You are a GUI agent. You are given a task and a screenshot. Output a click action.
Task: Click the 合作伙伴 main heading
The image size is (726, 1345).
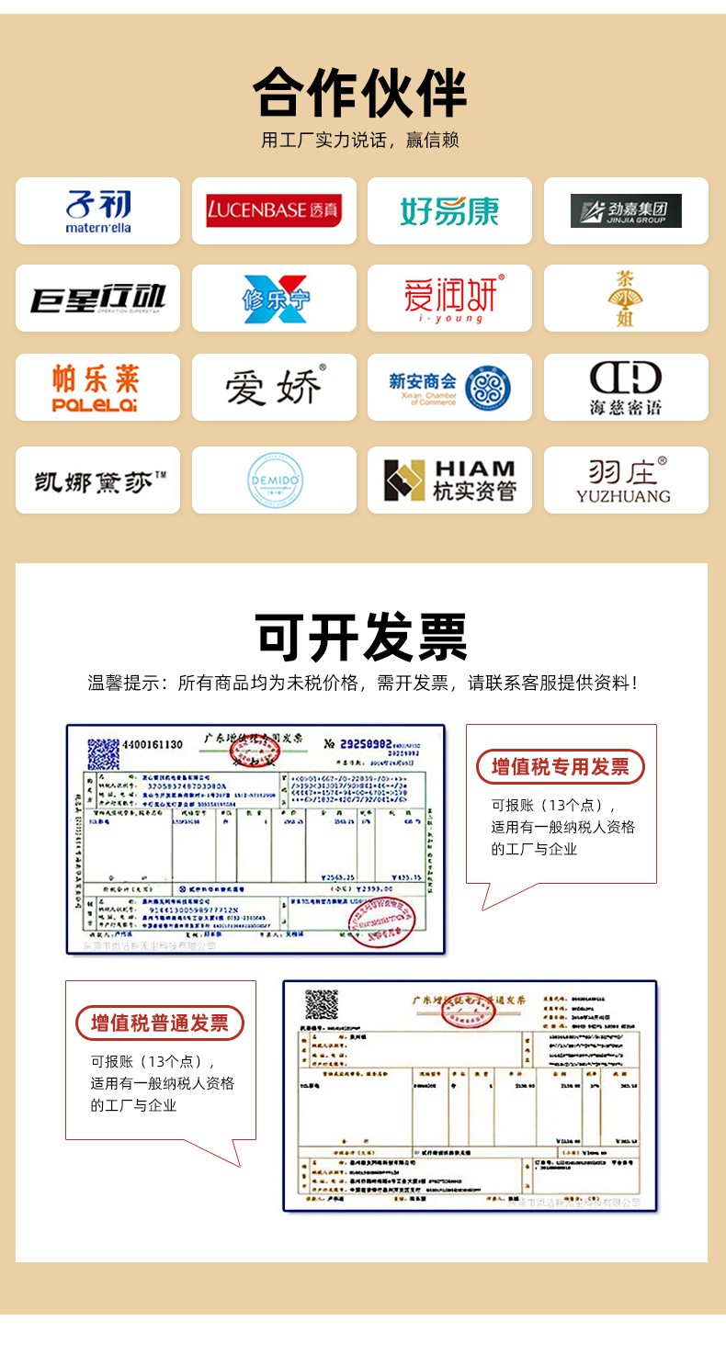click(x=361, y=92)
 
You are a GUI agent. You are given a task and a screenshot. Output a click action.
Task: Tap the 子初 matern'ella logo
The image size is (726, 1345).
click(x=97, y=211)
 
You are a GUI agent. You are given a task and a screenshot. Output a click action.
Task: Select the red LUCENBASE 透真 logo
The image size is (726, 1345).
click(x=274, y=210)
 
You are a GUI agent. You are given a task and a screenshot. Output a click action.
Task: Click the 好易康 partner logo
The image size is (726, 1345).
click(x=449, y=211)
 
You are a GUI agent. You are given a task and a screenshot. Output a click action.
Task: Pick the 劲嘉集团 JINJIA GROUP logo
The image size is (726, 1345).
click(x=626, y=211)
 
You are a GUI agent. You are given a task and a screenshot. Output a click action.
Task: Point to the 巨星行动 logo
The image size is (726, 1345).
click(x=97, y=299)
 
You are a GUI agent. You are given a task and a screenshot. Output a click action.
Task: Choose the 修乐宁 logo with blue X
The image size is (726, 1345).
click(x=274, y=299)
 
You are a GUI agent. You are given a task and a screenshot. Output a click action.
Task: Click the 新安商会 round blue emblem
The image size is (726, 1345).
click(x=488, y=388)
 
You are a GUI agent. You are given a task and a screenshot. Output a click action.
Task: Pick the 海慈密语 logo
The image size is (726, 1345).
click(x=626, y=388)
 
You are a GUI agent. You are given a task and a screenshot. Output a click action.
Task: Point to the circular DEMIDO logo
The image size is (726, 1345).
click(x=274, y=480)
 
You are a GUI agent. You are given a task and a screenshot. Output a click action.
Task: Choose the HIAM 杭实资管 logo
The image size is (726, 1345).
click(x=449, y=480)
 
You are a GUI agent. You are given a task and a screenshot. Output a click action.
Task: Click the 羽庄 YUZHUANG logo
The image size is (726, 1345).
click(x=625, y=480)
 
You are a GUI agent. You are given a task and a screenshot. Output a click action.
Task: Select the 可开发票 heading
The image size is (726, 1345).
click(x=361, y=636)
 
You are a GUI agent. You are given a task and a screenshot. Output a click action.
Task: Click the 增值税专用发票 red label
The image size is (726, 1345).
click(x=560, y=767)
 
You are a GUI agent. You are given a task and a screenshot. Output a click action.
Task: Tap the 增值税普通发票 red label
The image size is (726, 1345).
click(x=160, y=1023)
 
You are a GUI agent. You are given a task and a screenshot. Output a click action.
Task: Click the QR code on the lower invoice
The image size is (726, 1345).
click(x=322, y=1003)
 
